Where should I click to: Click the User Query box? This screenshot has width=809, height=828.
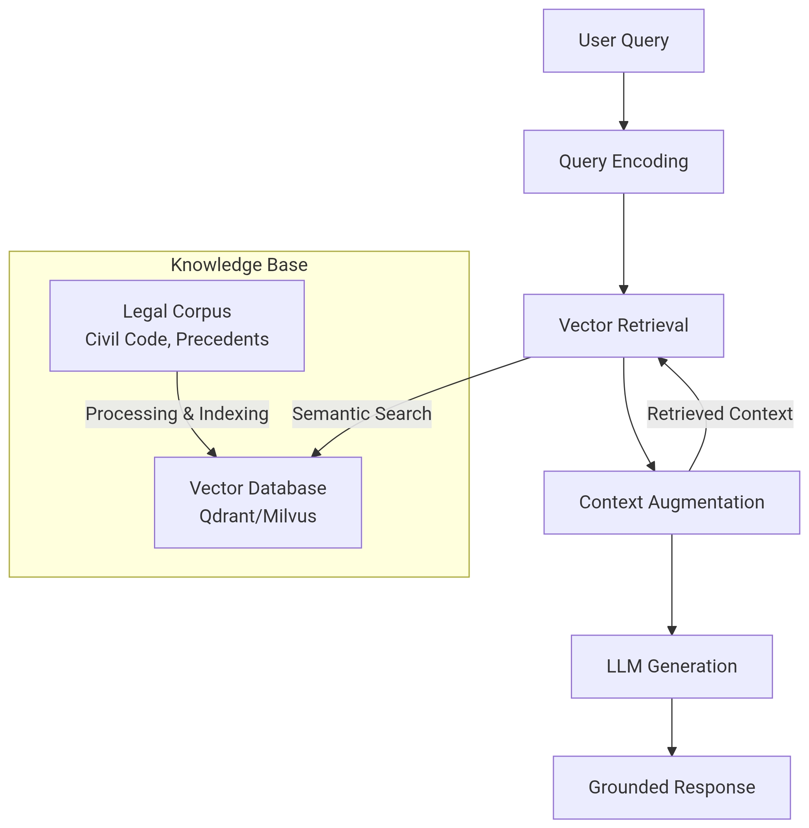pyautogui.click(x=623, y=41)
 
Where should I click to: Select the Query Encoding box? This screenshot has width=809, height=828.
pyautogui.click(x=623, y=162)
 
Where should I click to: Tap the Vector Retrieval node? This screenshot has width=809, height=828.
pyautogui.click(x=623, y=326)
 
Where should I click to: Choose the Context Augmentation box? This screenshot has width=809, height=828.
pyautogui.click(x=671, y=503)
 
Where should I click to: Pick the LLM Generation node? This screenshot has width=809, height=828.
pyautogui.click(x=671, y=667)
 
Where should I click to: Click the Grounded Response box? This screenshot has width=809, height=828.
pyautogui.click(x=671, y=788)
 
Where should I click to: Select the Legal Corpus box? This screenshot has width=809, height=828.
pyautogui.click(x=177, y=326)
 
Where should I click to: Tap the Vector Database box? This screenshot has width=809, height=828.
pyautogui.click(x=258, y=503)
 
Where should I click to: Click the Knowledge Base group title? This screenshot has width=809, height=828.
pyautogui.click(x=239, y=265)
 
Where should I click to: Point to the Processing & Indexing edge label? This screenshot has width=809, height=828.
pyautogui.click(x=177, y=414)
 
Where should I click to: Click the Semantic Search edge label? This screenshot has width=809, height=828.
pyautogui.click(x=361, y=414)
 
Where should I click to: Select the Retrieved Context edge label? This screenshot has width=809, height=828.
pyautogui.click(x=720, y=414)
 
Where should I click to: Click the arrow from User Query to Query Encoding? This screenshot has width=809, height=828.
pyautogui.click(x=623, y=101)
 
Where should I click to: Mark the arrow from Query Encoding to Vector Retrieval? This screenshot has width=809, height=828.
pyautogui.click(x=623, y=244)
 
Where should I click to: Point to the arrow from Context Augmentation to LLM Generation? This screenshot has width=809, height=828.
pyautogui.click(x=671, y=584)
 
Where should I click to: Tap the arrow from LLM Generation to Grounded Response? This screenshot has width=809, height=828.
pyautogui.click(x=671, y=727)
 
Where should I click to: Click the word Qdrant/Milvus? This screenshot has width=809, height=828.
pyautogui.click(x=258, y=517)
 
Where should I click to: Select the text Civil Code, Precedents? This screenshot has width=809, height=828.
pyautogui.click(x=177, y=340)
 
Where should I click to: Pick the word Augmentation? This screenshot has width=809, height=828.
pyautogui.click(x=706, y=503)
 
